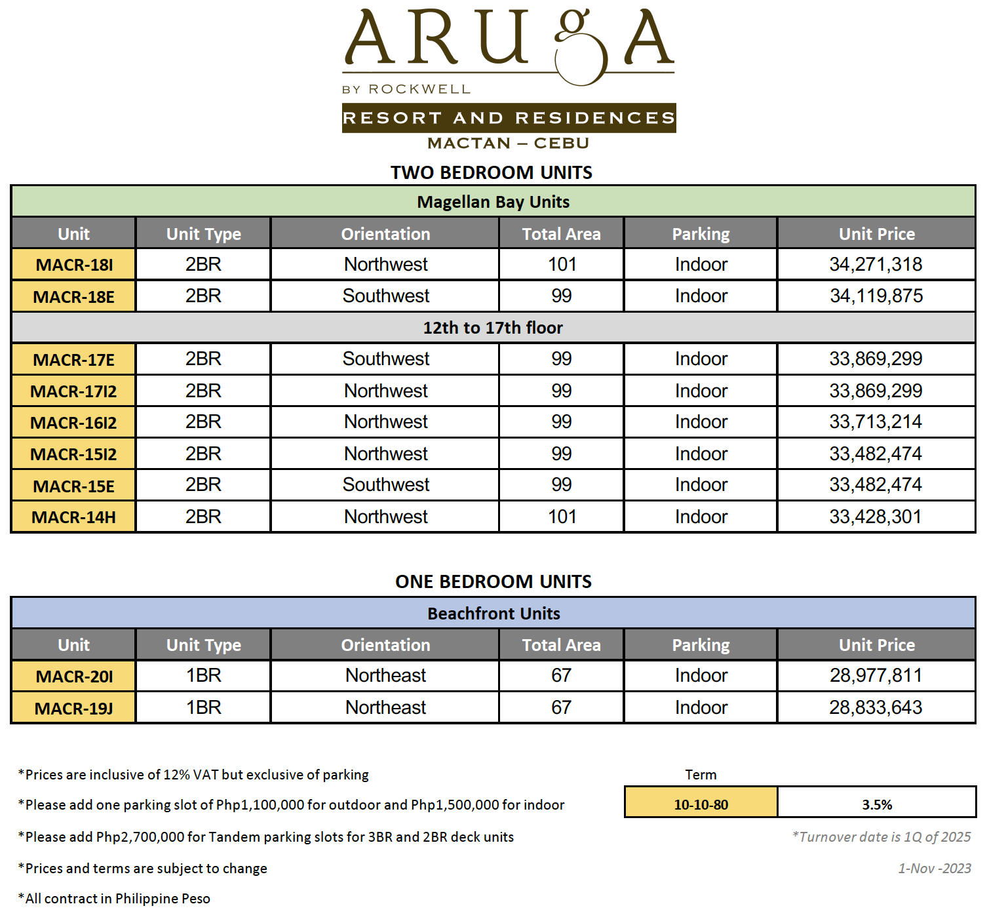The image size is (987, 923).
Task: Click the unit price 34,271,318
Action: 876,264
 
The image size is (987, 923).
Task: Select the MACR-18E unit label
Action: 73,297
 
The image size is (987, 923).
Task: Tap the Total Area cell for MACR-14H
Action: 562,517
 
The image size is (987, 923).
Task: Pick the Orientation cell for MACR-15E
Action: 385,485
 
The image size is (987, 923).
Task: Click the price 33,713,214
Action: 876,422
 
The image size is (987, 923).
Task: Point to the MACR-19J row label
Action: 73,709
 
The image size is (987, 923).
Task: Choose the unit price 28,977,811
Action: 876,675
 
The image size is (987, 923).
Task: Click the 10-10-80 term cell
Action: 701,804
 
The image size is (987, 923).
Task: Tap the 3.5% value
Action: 877,804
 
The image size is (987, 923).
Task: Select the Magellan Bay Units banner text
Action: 493,202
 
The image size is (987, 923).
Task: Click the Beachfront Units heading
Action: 493,614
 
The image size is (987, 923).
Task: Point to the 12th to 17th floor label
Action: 493,328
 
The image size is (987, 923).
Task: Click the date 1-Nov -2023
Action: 934,869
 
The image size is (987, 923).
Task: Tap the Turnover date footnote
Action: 881,837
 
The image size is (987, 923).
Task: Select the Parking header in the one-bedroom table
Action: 701,645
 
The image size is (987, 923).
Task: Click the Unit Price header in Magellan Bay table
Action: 877,234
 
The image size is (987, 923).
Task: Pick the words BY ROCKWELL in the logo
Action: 406,89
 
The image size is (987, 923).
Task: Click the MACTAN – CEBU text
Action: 508,143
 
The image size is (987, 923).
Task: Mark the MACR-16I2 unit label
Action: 73,423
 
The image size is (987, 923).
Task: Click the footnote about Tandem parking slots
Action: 266,837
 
